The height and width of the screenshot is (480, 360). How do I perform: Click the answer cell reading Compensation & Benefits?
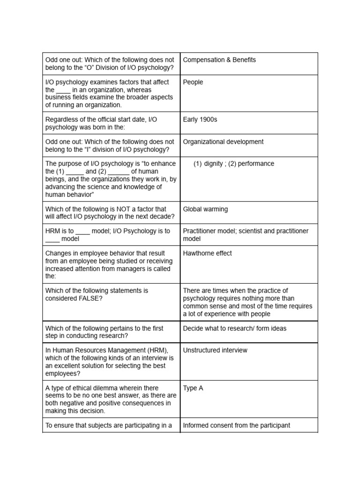click(x=219, y=60)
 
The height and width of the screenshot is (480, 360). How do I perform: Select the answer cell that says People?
click(x=193, y=82)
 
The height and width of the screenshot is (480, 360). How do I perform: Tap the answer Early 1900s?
click(x=200, y=120)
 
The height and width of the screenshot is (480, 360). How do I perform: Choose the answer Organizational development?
click(x=223, y=142)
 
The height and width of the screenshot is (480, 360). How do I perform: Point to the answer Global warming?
click(x=205, y=209)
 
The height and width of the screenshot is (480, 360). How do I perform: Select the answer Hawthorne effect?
click(x=207, y=254)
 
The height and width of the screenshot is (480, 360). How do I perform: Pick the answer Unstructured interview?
click(x=215, y=350)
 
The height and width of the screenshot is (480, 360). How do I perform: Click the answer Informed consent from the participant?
click(x=236, y=426)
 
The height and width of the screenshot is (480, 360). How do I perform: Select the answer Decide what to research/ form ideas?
click(x=234, y=329)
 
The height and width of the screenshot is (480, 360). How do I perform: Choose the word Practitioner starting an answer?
click(x=200, y=231)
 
